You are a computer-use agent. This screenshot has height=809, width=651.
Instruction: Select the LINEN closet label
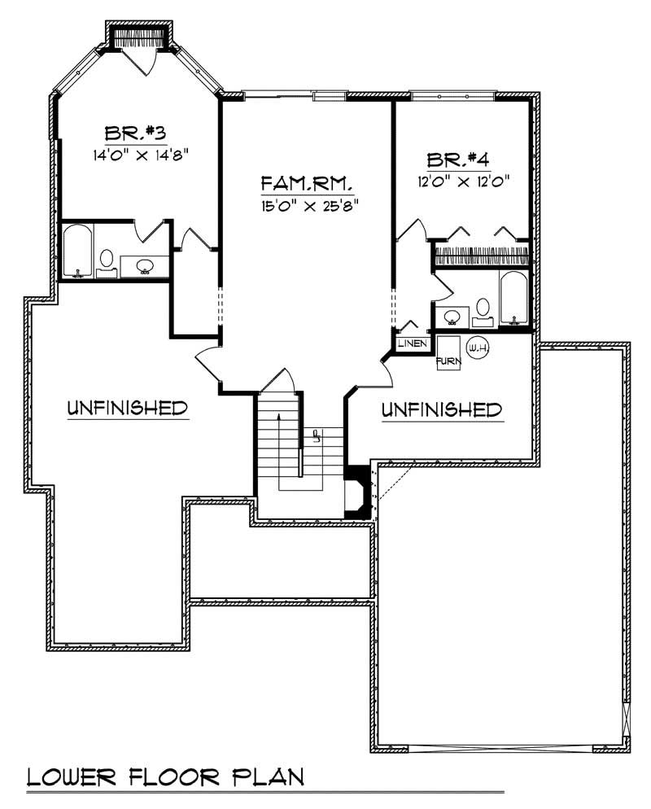coord(413,343)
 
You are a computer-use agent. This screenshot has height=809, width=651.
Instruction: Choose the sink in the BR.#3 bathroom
coord(146,265)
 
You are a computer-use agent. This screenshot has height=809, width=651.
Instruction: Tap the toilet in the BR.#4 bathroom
coord(483,308)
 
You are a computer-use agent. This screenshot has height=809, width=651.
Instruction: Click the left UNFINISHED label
coord(128,407)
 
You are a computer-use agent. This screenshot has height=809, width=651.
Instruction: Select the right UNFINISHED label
coord(441,409)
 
